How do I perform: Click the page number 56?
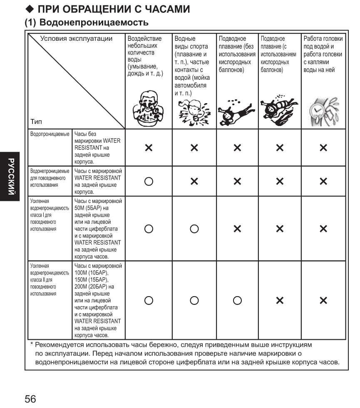[x=30, y=399]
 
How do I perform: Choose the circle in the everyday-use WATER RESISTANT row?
[x=149, y=182]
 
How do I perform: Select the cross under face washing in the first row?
[x=149, y=148]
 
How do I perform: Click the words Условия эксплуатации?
[x=76, y=39]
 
